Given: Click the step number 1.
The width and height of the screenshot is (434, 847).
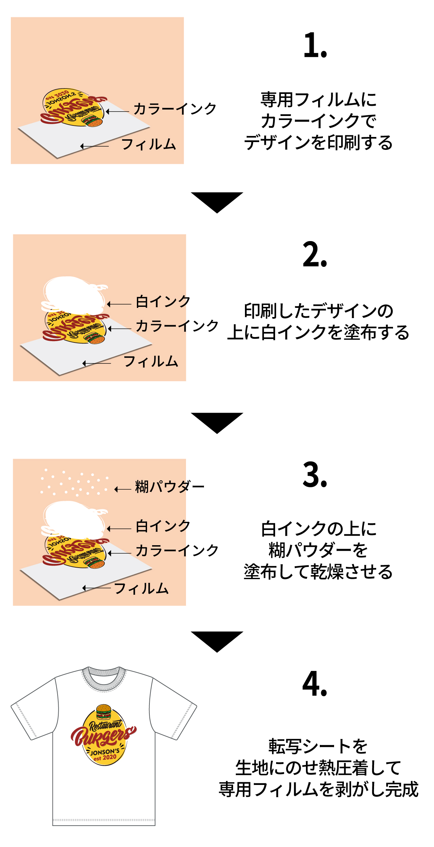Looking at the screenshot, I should pos(315,46).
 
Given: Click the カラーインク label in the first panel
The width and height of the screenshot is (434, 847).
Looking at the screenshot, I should pos(175,109).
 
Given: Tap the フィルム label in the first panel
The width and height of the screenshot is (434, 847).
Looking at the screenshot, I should pos(149,144).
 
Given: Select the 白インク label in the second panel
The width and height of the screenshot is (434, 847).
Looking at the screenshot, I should pos(163,301).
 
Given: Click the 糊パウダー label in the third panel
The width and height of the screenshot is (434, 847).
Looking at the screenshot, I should pos(170,487).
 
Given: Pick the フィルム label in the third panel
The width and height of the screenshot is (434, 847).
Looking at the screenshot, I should pos(142,589).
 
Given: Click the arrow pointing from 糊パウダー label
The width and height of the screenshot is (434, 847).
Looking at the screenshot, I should pos(123,489).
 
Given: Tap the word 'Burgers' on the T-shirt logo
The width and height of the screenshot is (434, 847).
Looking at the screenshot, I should pos(102,736).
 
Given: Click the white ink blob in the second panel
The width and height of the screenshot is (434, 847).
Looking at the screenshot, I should pos(75,295).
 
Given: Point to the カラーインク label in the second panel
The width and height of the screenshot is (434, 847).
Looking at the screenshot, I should pos(177,326).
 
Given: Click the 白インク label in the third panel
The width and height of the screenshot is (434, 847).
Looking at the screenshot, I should pos(163,526).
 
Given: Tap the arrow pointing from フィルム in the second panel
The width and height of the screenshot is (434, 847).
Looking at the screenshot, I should pos(97,363).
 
